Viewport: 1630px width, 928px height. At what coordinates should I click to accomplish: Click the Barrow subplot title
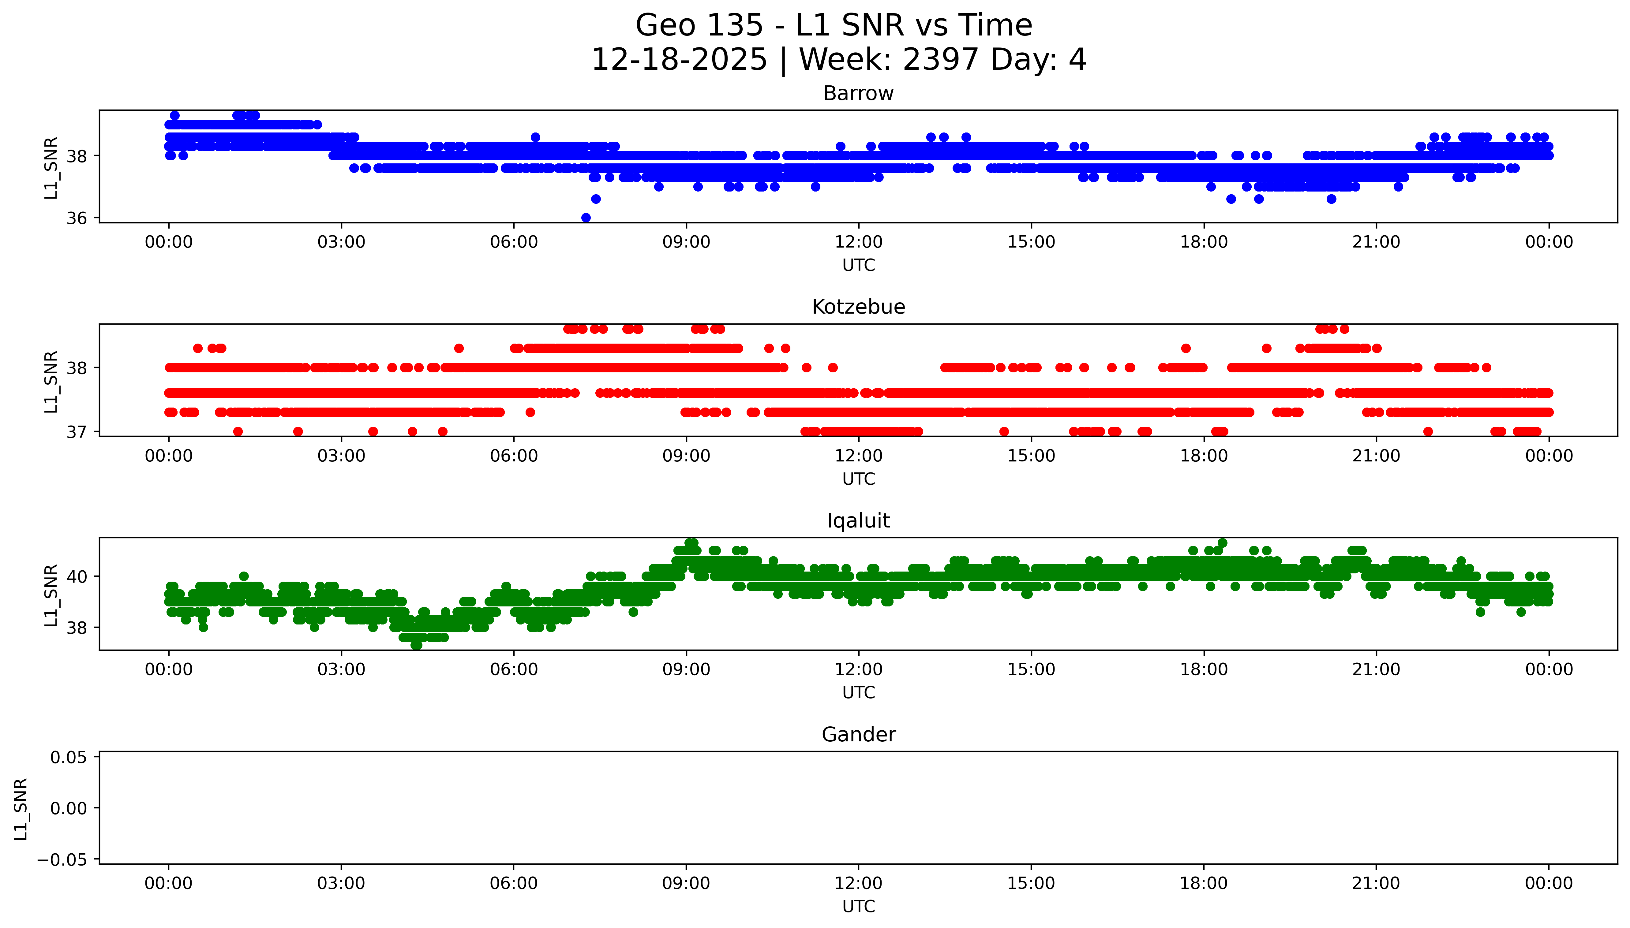tap(858, 94)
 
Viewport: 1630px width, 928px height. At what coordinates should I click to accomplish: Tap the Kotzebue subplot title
tap(858, 307)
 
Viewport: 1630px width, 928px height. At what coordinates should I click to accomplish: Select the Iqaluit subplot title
tap(858, 521)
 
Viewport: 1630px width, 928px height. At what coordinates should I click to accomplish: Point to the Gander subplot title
tap(858, 735)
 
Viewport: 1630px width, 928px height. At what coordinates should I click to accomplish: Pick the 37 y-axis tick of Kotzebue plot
tap(77, 432)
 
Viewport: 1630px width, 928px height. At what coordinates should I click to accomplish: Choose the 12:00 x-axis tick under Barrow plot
tap(859, 242)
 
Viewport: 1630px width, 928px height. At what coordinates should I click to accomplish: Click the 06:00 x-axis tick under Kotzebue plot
tap(514, 457)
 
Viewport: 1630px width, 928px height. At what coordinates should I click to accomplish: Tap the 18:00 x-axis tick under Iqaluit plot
tap(1204, 670)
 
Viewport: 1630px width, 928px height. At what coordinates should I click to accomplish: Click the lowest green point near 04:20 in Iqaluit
tap(416, 645)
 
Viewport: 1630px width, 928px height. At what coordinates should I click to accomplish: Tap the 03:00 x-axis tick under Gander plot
tap(341, 883)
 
